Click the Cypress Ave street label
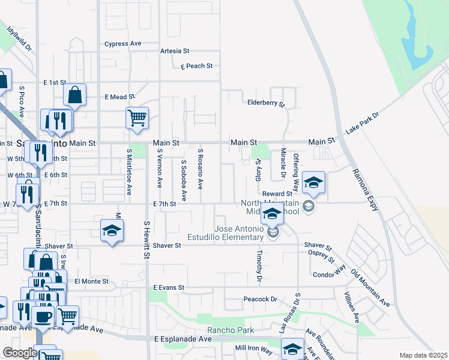tap(122, 44)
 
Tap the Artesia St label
tap(175, 52)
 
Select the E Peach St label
tap(197, 66)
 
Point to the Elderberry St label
tap(266, 103)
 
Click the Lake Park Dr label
tap(363, 124)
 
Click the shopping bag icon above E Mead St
tap(75, 95)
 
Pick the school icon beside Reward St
tap(313, 182)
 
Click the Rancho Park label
tap(231, 331)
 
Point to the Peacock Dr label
tap(260, 299)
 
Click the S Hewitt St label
tap(146, 239)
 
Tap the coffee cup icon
tap(43, 316)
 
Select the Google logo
tap(20, 353)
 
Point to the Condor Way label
tap(330, 275)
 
